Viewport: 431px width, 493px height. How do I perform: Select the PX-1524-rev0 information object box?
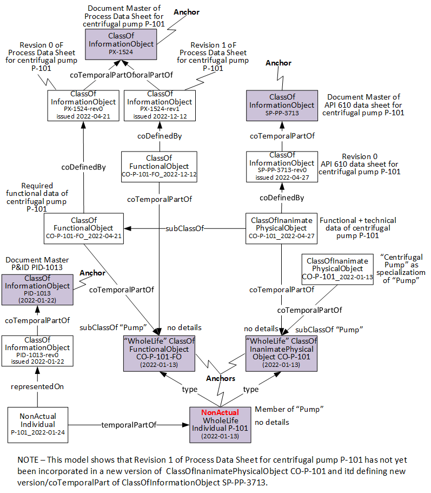pos(83,105)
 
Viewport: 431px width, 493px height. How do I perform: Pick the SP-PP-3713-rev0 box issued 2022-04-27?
pos(281,166)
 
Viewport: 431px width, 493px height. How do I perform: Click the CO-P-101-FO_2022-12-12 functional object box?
pos(160,166)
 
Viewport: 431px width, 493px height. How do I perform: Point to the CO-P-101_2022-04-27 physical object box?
pos(281,228)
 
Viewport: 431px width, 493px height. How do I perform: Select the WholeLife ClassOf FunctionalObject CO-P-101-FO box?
pos(160,352)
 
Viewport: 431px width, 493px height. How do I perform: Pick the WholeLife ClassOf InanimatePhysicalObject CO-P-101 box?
pos(281,352)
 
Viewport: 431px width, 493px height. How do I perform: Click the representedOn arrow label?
pos(37,386)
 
